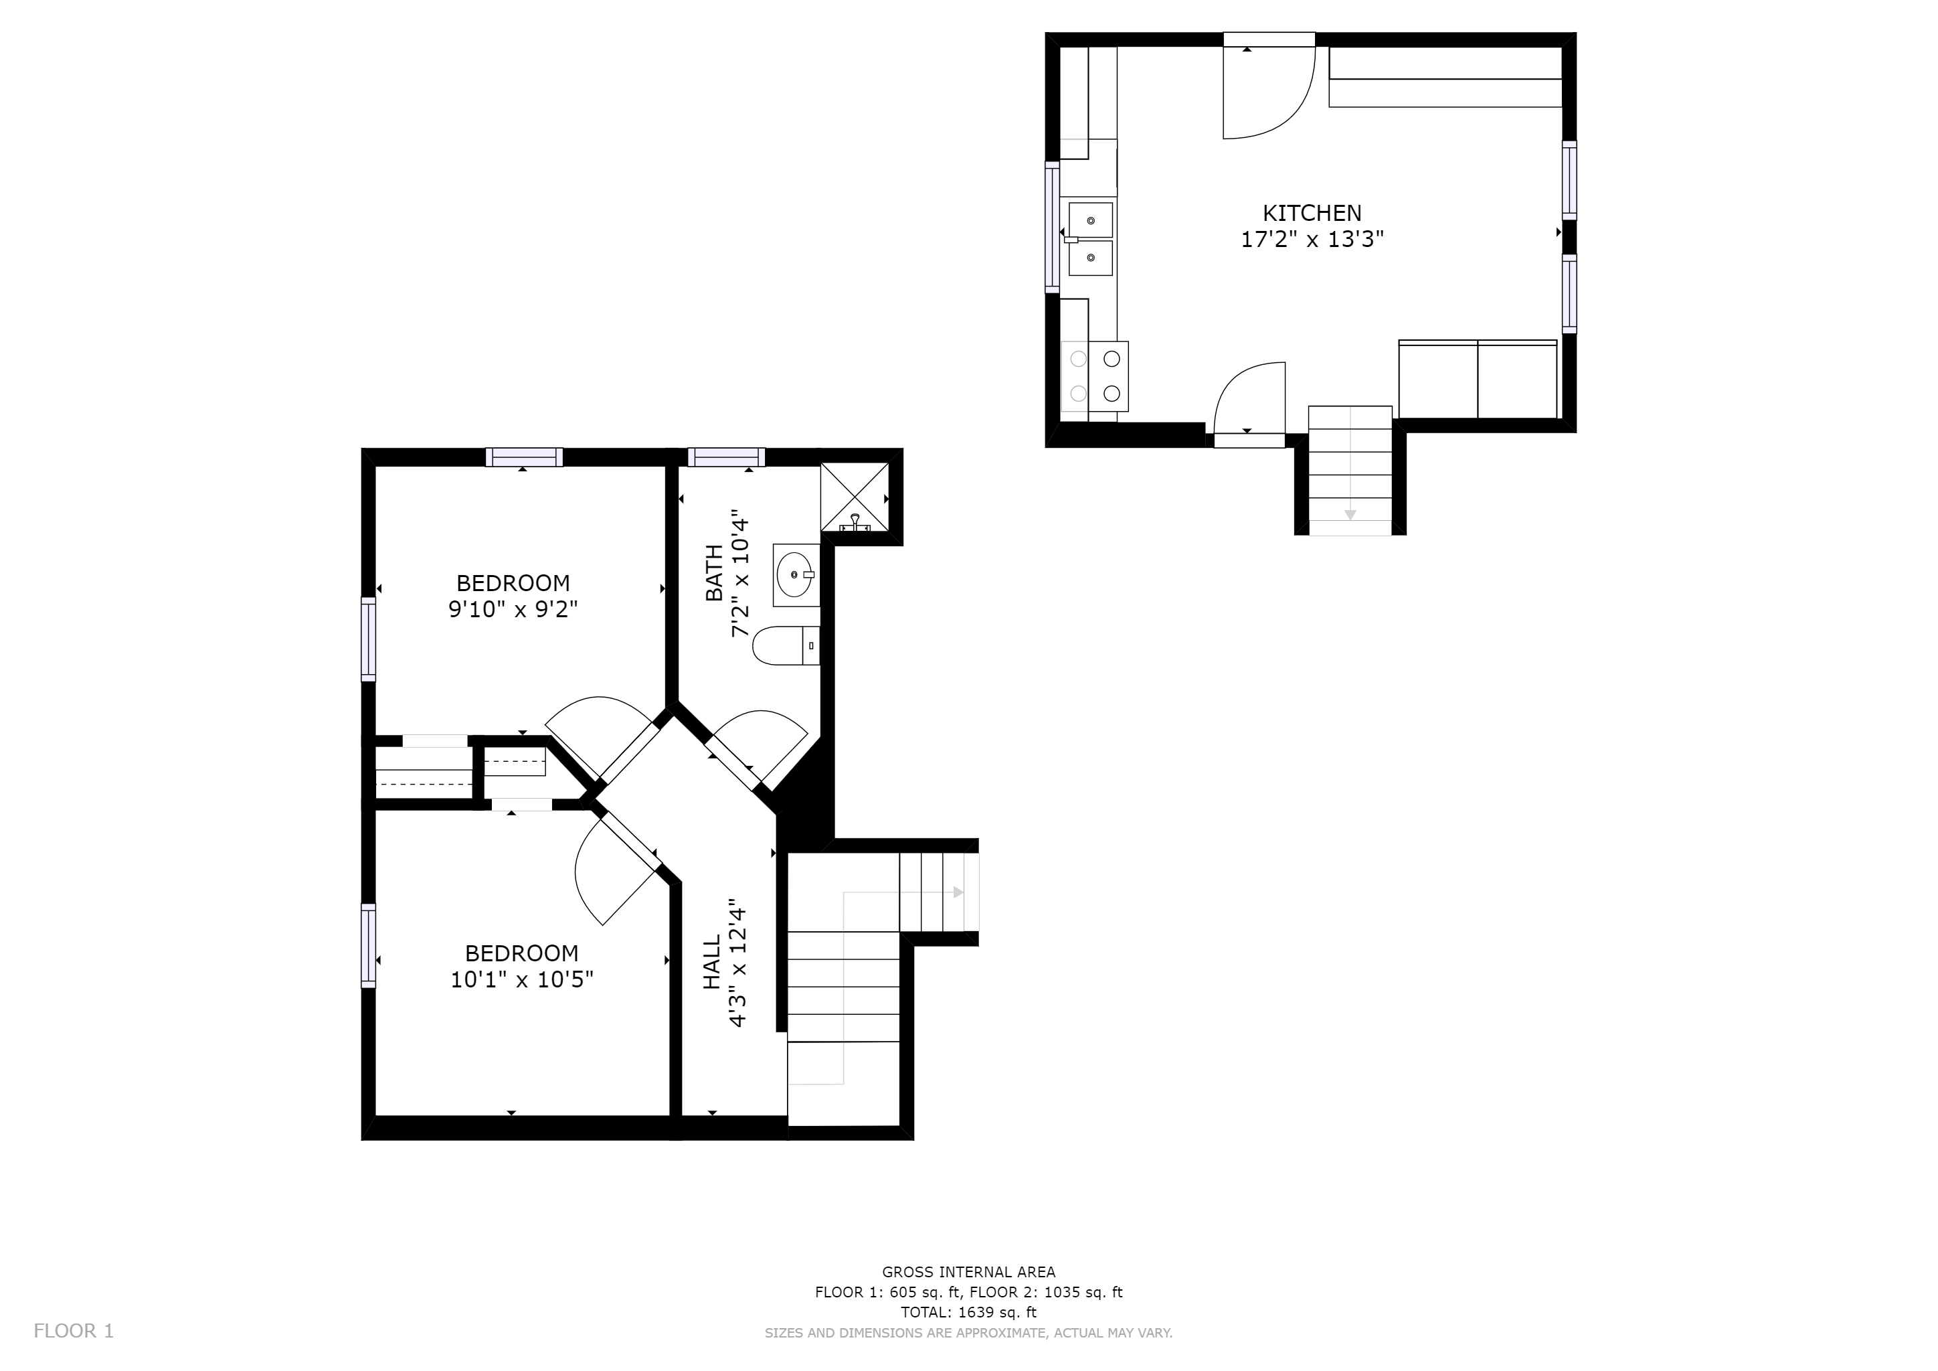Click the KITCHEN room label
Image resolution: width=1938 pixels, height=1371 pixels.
(1312, 213)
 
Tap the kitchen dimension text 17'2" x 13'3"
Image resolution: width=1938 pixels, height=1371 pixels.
(1312, 240)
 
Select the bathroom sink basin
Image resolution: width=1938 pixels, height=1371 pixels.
(795, 575)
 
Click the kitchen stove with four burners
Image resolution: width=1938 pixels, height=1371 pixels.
(1095, 376)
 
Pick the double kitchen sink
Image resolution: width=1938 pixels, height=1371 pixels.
(1091, 239)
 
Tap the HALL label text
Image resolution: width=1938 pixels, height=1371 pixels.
(713, 961)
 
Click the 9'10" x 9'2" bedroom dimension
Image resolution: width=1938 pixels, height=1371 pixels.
(513, 610)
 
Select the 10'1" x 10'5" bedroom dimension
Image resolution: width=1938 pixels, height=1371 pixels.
(521, 979)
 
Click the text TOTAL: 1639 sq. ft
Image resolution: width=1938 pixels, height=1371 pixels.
(968, 1312)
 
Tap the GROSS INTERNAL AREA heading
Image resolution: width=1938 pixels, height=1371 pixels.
(968, 1271)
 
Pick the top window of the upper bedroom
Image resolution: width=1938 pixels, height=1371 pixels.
(524, 457)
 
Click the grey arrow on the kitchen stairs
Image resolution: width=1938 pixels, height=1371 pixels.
(1350, 514)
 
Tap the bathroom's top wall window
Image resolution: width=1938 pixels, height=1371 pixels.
(726, 457)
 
